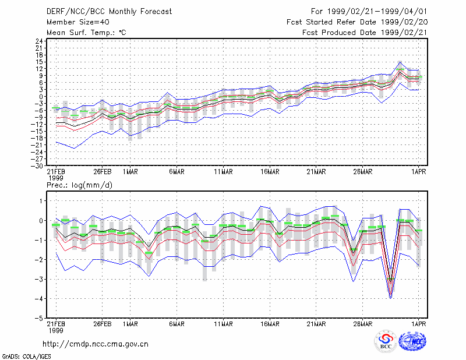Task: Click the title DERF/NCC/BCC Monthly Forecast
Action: (x=109, y=12)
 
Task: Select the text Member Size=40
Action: (x=78, y=22)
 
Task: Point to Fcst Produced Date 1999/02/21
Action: (x=365, y=33)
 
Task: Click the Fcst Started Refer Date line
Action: (x=357, y=22)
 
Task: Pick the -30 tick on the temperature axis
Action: (x=37, y=166)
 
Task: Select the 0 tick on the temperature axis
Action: (x=41, y=97)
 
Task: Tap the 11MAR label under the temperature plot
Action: (x=223, y=172)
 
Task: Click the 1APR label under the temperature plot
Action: (x=418, y=172)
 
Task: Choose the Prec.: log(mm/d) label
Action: (x=79, y=185)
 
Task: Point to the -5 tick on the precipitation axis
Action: (x=39, y=318)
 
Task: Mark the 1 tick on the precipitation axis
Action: (x=41, y=201)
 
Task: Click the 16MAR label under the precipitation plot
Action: (x=270, y=324)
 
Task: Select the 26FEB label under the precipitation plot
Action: (x=103, y=324)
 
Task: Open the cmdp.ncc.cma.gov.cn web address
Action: (x=96, y=344)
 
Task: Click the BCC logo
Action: (x=386, y=341)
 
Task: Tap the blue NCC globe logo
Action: (x=412, y=341)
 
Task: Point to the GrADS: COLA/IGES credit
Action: (x=26, y=357)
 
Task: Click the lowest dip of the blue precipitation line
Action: (x=390, y=298)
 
